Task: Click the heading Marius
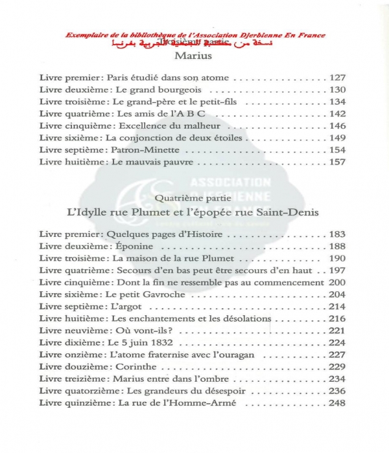pyautogui.click(x=194, y=57)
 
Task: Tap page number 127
pyautogui.click(x=338, y=78)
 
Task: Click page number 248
pyautogui.click(x=338, y=403)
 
